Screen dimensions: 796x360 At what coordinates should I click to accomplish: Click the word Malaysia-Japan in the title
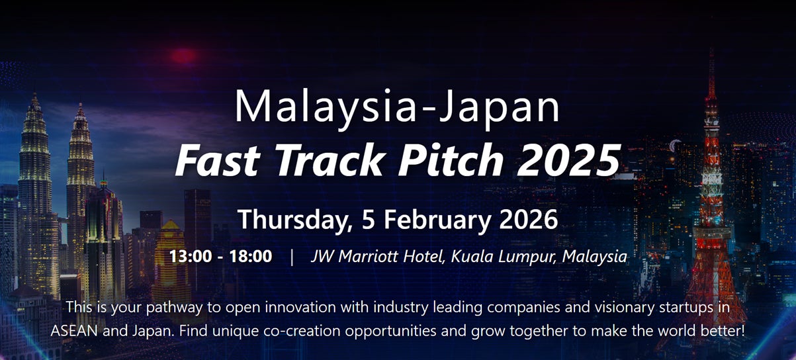coord(397,107)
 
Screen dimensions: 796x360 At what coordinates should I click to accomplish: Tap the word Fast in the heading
coord(218,160)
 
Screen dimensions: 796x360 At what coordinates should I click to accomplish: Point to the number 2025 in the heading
coord(568,160)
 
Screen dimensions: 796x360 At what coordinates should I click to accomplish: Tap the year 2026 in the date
coord(529,219)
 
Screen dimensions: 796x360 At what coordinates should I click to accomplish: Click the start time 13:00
coord(190,256)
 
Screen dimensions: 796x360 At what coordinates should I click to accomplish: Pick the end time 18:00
coord(251,256)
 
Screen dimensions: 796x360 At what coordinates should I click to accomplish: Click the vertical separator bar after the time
coord(292,257)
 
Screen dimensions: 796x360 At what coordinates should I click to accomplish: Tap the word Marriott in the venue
coord(368,256)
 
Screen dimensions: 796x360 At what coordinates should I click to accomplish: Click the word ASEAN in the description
coord(74,331)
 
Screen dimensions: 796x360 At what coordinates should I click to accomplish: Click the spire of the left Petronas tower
coord(34,101)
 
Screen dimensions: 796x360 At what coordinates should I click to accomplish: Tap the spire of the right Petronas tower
coord(81,111)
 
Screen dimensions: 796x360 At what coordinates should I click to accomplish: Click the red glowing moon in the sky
coord(184,56)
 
